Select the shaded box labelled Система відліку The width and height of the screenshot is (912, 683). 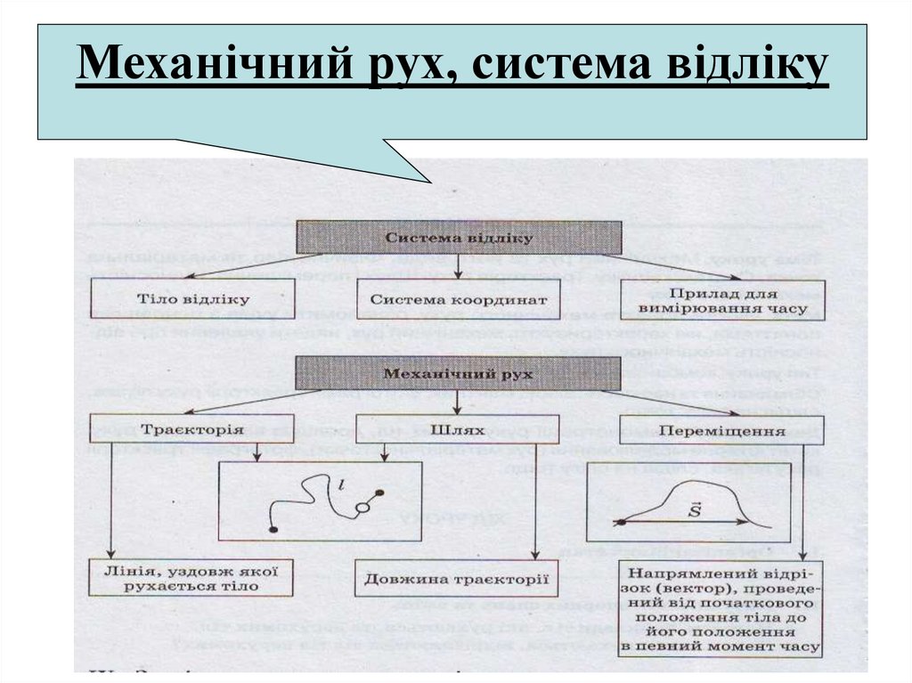coord(459,238)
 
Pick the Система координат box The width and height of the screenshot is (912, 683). coord(458,300)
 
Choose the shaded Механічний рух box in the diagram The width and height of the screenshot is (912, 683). coord(458,373)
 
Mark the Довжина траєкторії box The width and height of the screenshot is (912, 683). coord(456,578)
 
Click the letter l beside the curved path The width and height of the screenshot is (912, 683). coord(340,484)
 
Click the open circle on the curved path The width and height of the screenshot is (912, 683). coord(362,508)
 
